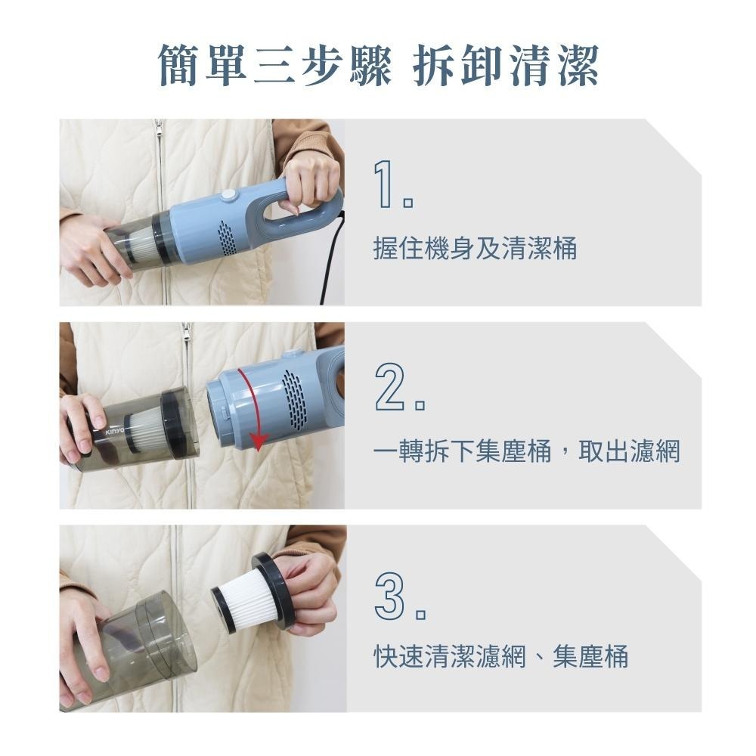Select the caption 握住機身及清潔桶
(x=475, y=249)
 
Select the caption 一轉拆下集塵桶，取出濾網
(x=527, y=452)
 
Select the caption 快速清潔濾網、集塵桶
(x=501, y=656)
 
